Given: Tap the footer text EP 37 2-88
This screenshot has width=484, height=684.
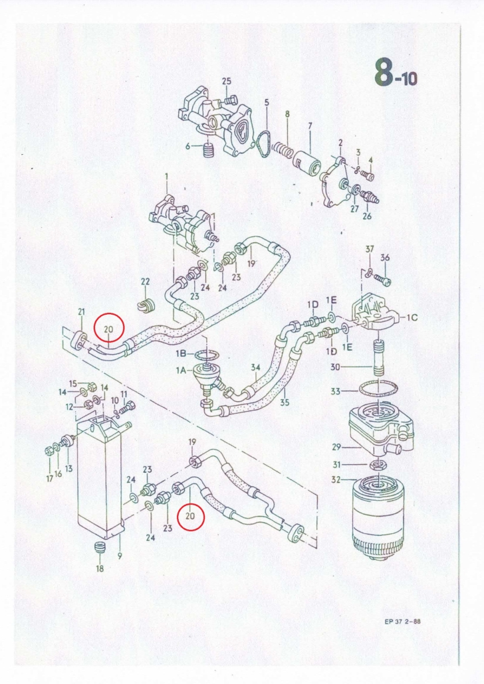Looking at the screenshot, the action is coord(402,622).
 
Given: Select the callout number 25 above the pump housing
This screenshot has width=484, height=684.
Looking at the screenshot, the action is coord(226,81).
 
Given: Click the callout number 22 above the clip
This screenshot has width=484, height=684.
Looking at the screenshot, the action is coord(145,282).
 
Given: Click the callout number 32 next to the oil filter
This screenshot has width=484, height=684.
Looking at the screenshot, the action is coord(336,480).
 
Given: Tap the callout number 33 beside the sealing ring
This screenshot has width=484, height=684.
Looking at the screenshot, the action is coord(336,391).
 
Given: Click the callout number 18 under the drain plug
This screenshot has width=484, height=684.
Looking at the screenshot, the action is coord(100,568).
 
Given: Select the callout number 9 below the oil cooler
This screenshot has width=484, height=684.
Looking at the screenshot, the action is coord(120,556).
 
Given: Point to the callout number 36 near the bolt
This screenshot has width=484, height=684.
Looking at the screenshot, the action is coord(385,258).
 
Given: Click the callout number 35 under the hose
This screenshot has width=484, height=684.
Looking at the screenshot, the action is coord(285,402).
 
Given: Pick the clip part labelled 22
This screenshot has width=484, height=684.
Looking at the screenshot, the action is coord(146,305).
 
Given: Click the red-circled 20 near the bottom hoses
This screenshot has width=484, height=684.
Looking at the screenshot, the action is coord(190,515).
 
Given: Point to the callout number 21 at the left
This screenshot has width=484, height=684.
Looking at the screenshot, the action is coord(81,311).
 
